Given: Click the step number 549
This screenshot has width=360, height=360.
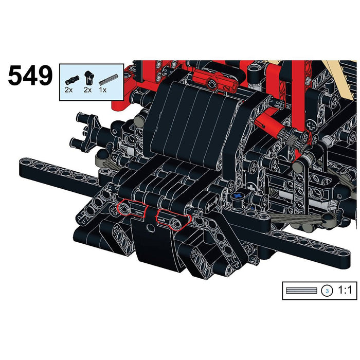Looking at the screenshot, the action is [x=30, y=76].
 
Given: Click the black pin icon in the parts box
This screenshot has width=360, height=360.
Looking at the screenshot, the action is [x=72, y=80].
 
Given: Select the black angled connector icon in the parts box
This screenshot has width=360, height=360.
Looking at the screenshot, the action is [x=89, y=77].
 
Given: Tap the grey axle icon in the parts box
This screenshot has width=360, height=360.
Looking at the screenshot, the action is [x=109, y=79].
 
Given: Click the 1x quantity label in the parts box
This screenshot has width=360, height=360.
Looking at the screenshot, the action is [x=103, y=90].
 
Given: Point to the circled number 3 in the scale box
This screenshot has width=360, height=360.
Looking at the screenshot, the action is [x=327, y=291].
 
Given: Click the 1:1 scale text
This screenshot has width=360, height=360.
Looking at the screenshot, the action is [x=345, y=291].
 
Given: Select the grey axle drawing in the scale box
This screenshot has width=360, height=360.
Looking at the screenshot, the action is [x=301, y=291].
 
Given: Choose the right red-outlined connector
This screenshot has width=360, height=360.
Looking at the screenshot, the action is [x=173, y=220].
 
